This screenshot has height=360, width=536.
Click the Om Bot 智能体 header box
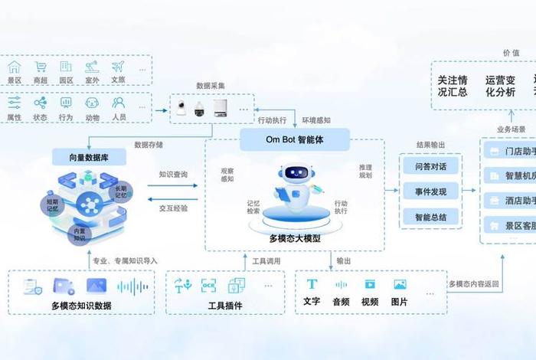coord(295,139)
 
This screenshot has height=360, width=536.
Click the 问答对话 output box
coord(430,166)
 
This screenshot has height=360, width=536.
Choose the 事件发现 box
coord(430,191)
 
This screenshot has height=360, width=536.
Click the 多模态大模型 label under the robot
coord(295,238)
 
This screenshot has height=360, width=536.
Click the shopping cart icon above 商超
coord(41,67)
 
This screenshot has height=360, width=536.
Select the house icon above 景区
coord(15,67)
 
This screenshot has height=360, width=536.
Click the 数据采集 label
coord(211,85)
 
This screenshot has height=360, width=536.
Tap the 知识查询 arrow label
coord(173,175)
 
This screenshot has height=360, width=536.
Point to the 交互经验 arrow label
coord(173,208)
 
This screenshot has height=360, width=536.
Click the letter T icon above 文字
coord(312,284)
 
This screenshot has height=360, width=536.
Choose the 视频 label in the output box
coord(369,302)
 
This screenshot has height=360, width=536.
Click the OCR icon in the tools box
coord(208,286)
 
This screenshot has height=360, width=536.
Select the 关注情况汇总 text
coord(453,86)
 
